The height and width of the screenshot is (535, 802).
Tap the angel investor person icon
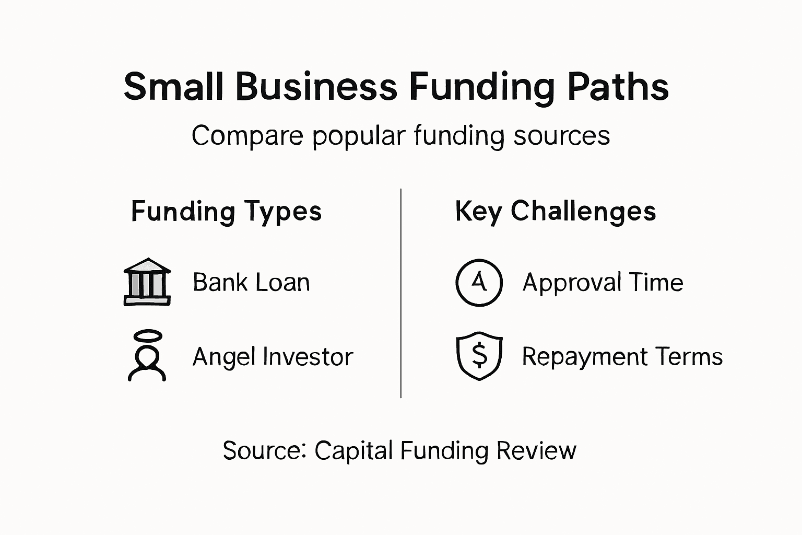point(147,360)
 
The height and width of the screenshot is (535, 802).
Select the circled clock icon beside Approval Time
point(479,282)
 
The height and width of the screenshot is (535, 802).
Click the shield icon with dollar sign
point(479,356)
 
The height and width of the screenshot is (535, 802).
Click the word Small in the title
point(173,87)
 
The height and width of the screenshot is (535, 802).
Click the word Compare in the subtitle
point(247,136)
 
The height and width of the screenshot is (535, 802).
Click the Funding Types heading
point(226,212)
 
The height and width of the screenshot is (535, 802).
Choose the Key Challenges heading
point(555,212)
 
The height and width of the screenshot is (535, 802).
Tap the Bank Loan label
point(251,283)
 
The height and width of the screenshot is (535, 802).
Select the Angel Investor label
point(273,357)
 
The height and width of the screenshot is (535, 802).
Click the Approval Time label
point(603,283)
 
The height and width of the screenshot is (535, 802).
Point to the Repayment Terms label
point(622,357)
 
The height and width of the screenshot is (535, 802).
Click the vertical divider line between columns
point(401,293)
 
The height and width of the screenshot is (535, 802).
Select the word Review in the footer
point(536,450)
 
